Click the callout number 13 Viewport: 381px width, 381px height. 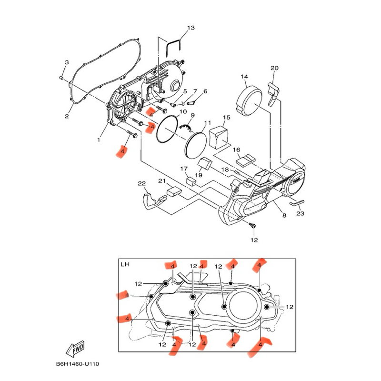(x=190, y=28)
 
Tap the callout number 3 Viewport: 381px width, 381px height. (x=67, y=62)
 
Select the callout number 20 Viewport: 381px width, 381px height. (x=274, y=68)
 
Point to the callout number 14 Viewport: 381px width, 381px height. (x=244, y=77)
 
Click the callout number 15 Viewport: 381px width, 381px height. (x=226, y=117)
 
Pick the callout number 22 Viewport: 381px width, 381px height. (x=141, y=184)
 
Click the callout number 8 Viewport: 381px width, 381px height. (x=284, y=216)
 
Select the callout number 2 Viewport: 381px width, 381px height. (x=67, y=116)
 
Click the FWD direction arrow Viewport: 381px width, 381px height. (x=77, y=350)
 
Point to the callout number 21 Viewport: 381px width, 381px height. (x=162, y=181)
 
